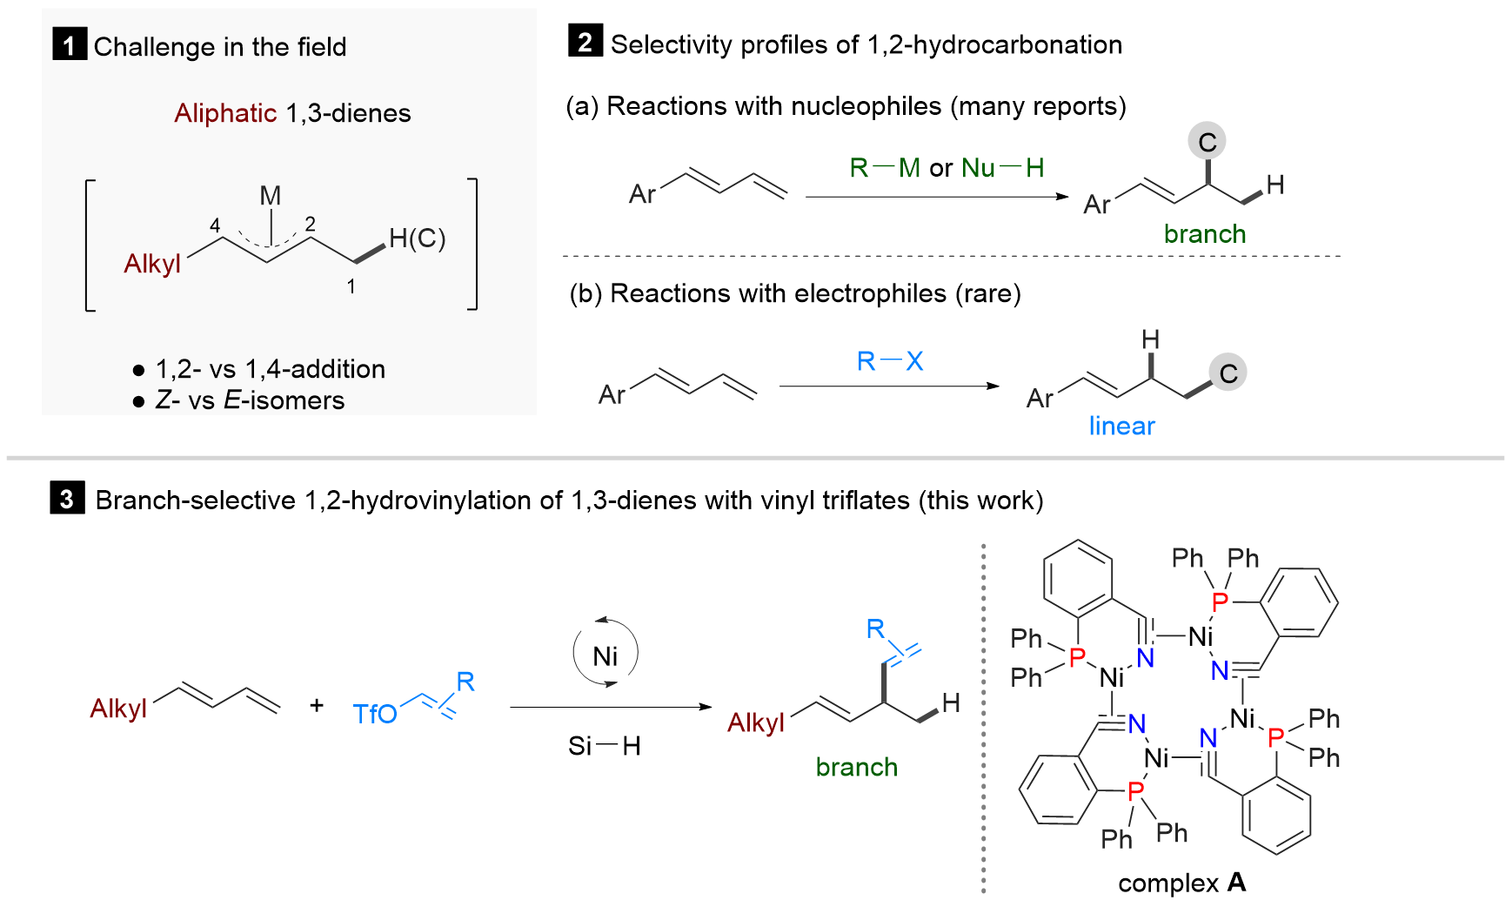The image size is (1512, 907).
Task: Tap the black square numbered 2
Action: coord(585,42)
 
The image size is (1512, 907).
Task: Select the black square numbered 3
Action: coord(67,499)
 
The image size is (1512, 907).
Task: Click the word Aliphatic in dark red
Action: coord(225,113)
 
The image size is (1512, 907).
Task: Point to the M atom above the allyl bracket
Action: coord(271,196)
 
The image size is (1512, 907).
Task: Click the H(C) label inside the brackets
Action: coord(417,238)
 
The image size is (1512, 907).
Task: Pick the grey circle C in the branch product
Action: coord(1207,142)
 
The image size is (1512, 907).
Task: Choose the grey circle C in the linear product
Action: coord(1228,373)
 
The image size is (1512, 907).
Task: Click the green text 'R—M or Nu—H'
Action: coord(947,167)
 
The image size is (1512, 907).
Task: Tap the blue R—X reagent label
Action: coord(890,361)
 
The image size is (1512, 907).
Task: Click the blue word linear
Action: coord(1121,426)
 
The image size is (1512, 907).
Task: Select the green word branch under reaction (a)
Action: coord(1204,234)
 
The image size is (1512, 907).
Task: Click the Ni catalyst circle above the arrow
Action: coord(605,655)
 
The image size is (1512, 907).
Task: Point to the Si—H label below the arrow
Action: coord(604,746)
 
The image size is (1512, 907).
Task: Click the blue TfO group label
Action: coord(375,715)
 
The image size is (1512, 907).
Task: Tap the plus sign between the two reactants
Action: coord(317,705)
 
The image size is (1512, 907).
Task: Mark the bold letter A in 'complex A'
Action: coord(1236,883)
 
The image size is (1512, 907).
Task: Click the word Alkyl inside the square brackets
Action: coord(152,264)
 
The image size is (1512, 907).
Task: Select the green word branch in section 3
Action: coord(856,767)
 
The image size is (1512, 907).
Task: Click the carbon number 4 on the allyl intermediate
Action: coord(215,226)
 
